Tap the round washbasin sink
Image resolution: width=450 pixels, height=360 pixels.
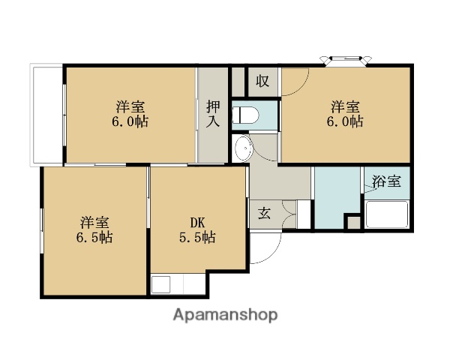243,149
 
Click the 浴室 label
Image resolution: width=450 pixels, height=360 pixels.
387,181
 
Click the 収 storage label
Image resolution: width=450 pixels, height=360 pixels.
262,80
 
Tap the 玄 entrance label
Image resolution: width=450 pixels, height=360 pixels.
265,212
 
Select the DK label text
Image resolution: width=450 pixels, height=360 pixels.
197,222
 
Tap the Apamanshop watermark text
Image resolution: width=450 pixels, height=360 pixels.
225,315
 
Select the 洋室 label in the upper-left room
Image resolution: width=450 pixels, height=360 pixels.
131,105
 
